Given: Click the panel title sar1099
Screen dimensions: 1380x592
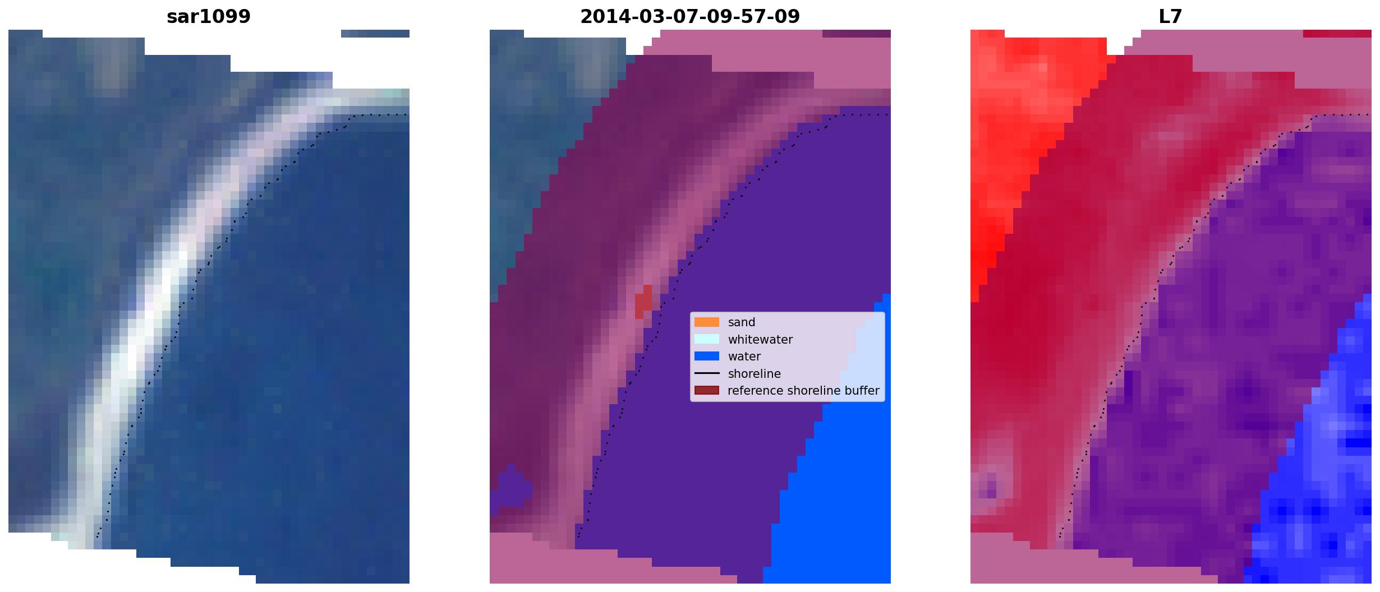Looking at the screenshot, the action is coord(209,17).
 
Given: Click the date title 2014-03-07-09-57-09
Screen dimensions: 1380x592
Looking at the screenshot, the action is coord(690,17).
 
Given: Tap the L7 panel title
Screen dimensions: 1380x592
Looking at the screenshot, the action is coord(1171,17).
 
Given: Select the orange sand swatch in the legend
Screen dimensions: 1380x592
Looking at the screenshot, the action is coord(707,322).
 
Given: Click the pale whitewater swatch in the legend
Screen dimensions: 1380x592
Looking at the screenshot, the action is coord(707,339).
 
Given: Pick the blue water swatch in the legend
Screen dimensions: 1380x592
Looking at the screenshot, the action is coord(707,356).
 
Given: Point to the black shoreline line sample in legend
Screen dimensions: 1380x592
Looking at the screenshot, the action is coord(707,373).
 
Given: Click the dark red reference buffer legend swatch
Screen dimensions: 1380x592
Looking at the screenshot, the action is coord(707,390).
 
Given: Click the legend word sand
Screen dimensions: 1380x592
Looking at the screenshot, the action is coord(742,322).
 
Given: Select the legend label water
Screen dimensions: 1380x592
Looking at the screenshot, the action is coord(744,357).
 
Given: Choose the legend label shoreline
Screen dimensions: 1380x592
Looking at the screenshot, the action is coord(754,374).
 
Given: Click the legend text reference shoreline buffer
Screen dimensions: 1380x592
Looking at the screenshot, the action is coord(803,391).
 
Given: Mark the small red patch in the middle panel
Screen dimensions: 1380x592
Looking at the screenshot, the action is coord(643,302).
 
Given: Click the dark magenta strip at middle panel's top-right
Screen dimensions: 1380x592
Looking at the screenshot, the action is coord(857,34).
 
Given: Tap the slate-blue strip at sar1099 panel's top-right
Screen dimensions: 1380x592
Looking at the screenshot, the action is coord(375,34).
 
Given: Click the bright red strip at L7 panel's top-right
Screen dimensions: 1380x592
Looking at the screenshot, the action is coord(1337,34).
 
